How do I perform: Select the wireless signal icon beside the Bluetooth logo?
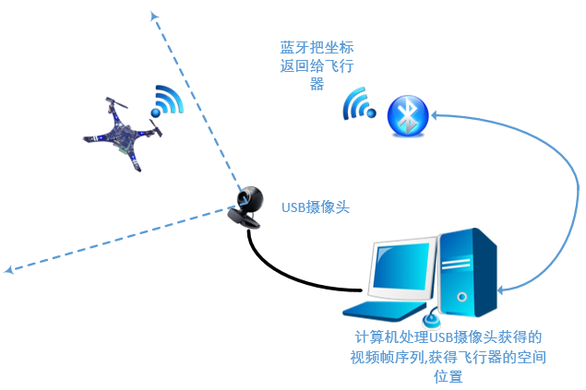(358, 104)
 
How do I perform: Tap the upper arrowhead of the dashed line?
(153, 15)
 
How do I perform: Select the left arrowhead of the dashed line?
(9, 270)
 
